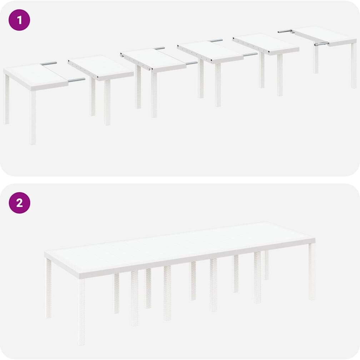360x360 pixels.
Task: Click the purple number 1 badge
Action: [x=19, y=20]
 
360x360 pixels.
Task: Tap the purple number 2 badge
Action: [x=19, y=203]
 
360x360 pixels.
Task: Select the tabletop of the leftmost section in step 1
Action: [x=36, y=76]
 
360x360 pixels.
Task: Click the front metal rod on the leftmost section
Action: [x=77, y=80]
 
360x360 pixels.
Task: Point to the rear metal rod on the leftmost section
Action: [x=49, y=63]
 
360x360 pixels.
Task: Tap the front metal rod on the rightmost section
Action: [x=322, y=44]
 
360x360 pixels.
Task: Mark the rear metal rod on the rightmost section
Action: [x=285, y=31]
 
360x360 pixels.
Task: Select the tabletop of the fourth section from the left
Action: [x=210, y=52]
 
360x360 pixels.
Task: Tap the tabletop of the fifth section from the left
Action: [x=266, y=44]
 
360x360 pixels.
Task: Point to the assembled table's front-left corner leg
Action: [x=81, y=311]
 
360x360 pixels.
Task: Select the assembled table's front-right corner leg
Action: [x=312, y=271]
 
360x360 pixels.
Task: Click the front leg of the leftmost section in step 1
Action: [x=33, y=117]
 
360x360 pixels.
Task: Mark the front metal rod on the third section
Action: [x=192, y=63]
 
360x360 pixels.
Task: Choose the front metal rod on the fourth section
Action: [x=250, y=55]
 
